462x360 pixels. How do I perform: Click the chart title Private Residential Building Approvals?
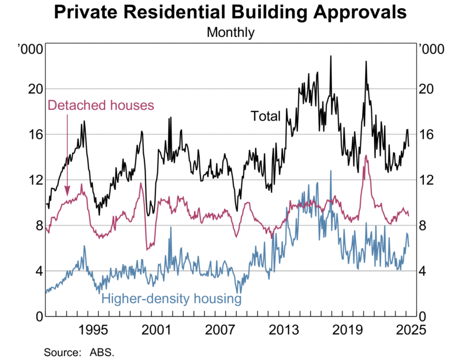click(x=230, y=13)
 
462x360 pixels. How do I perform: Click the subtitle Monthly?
click(x=230, y=32)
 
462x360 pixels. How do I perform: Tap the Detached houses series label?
click(x=100, y=105)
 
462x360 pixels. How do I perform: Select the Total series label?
click(x=265, y=115)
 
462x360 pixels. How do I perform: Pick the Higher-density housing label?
click(x=171, y=299)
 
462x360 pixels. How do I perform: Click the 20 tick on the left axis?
click(x=36, y=89)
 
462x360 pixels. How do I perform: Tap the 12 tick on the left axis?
click(x=36, y=180)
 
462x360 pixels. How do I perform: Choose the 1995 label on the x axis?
click(x=94, y=331)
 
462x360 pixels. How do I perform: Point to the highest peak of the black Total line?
click(x=331, y=56)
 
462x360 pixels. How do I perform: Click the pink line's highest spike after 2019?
click(x=366, y=155)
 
